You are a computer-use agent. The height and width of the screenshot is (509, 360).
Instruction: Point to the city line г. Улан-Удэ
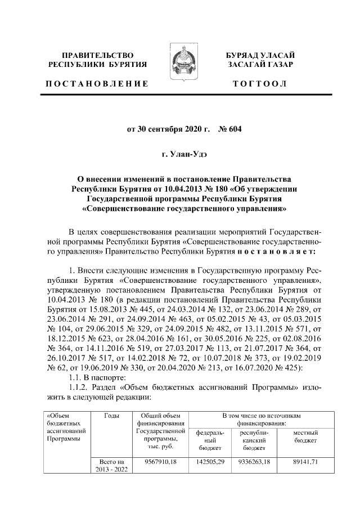179,153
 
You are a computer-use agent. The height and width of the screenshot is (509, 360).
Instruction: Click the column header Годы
112,416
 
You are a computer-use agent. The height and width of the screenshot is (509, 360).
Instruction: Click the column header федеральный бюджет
210,440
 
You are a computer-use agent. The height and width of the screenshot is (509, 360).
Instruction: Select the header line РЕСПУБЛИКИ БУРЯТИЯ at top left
98,65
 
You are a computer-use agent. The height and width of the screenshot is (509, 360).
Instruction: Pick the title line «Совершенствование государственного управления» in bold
179,209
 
